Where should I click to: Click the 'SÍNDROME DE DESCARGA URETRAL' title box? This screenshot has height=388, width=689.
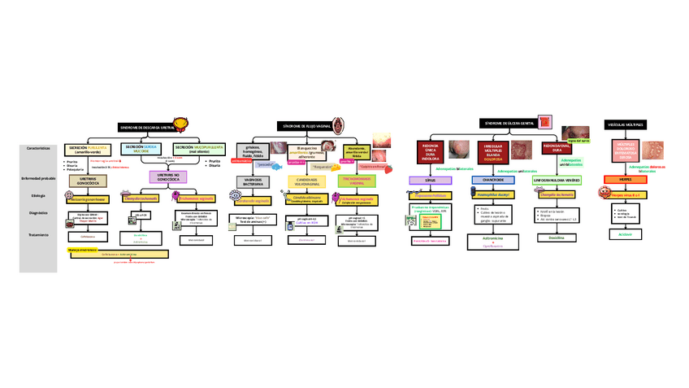click(x=147, y=127)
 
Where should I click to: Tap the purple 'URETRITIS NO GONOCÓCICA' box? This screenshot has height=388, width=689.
click(x=167, y=177)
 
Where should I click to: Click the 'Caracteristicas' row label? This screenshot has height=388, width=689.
click(x=39, y=149)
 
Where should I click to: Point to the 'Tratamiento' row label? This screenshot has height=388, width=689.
click(x=39, y=234)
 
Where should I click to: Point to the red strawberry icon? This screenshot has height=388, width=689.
click(x=388, y=168)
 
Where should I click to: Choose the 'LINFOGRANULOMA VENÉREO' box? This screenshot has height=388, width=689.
click(x=555, y=180)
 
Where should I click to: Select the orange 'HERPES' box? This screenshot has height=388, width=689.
click(x=626, y=179)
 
